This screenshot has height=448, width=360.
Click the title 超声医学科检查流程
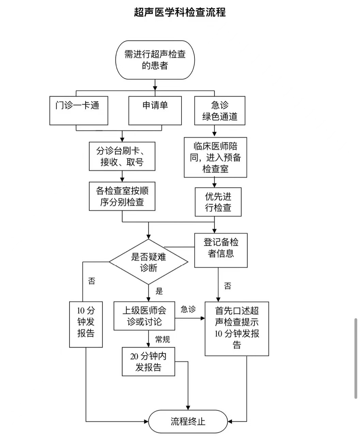click(x=180, y=12)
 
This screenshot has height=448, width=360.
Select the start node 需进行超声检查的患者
click(x=155, y=60)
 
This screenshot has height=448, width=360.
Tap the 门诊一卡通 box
click(x=79, y=111)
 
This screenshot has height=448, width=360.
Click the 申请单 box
click(x=155, y=111)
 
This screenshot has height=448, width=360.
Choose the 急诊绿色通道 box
click(x=220, y=111)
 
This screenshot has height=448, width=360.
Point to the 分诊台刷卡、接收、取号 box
click(x=122, y=156)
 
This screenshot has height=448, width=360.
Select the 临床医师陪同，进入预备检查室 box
click(x=215, y=157)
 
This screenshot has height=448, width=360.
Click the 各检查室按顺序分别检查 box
click(x=122, y=196)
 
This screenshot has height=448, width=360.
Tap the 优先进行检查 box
click(x=218, y=202)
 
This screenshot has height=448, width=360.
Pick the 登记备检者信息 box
click(x=221, y=251)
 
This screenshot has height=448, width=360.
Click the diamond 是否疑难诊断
click(x=148, y=262)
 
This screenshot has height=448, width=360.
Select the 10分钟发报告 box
click(x=86, y=324)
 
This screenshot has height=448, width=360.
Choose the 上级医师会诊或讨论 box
click(x=144, y=316)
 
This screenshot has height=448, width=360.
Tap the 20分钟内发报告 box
click(x=148, y=362)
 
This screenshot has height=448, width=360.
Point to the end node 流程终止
click(x=188, y=421)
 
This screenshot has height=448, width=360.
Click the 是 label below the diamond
click(x=159, y=291)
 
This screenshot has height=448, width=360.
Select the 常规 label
click(x=162, y=339)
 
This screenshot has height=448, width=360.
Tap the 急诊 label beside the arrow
click(x=188, y=309)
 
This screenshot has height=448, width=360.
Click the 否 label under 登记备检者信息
click(x=228, y=286)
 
